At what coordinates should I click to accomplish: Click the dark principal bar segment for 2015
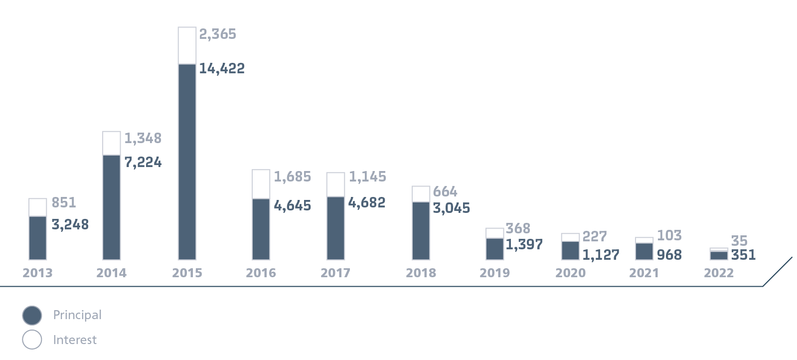pos(187,162)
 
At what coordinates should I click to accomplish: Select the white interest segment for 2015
pos(187,45)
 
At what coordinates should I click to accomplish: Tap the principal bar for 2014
pos(112,207)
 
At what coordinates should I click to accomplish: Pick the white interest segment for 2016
pos(261,184)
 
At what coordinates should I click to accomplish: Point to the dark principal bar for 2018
pos(421,230)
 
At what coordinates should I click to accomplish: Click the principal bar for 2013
pos(37,238)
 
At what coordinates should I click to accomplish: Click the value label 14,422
pos(222,68)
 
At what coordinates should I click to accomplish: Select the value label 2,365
pos(218,34)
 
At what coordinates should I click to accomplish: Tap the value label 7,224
pos(143,162)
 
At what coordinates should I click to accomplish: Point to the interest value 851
pos(64,202)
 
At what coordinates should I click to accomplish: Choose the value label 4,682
pos(367,202)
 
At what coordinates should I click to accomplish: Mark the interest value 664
pos(445,191)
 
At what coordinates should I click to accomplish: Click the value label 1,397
pos(524,244)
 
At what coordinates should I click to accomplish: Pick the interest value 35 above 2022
pos(739,241)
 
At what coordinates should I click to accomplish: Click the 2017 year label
pos(335,273)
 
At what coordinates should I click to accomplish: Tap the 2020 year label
pos(570,273)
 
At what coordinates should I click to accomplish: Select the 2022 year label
pos(719,273)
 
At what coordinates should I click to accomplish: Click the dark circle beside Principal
pos(32,315)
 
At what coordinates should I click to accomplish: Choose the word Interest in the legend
pos(75,340)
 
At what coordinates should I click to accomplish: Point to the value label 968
pos(669,255)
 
